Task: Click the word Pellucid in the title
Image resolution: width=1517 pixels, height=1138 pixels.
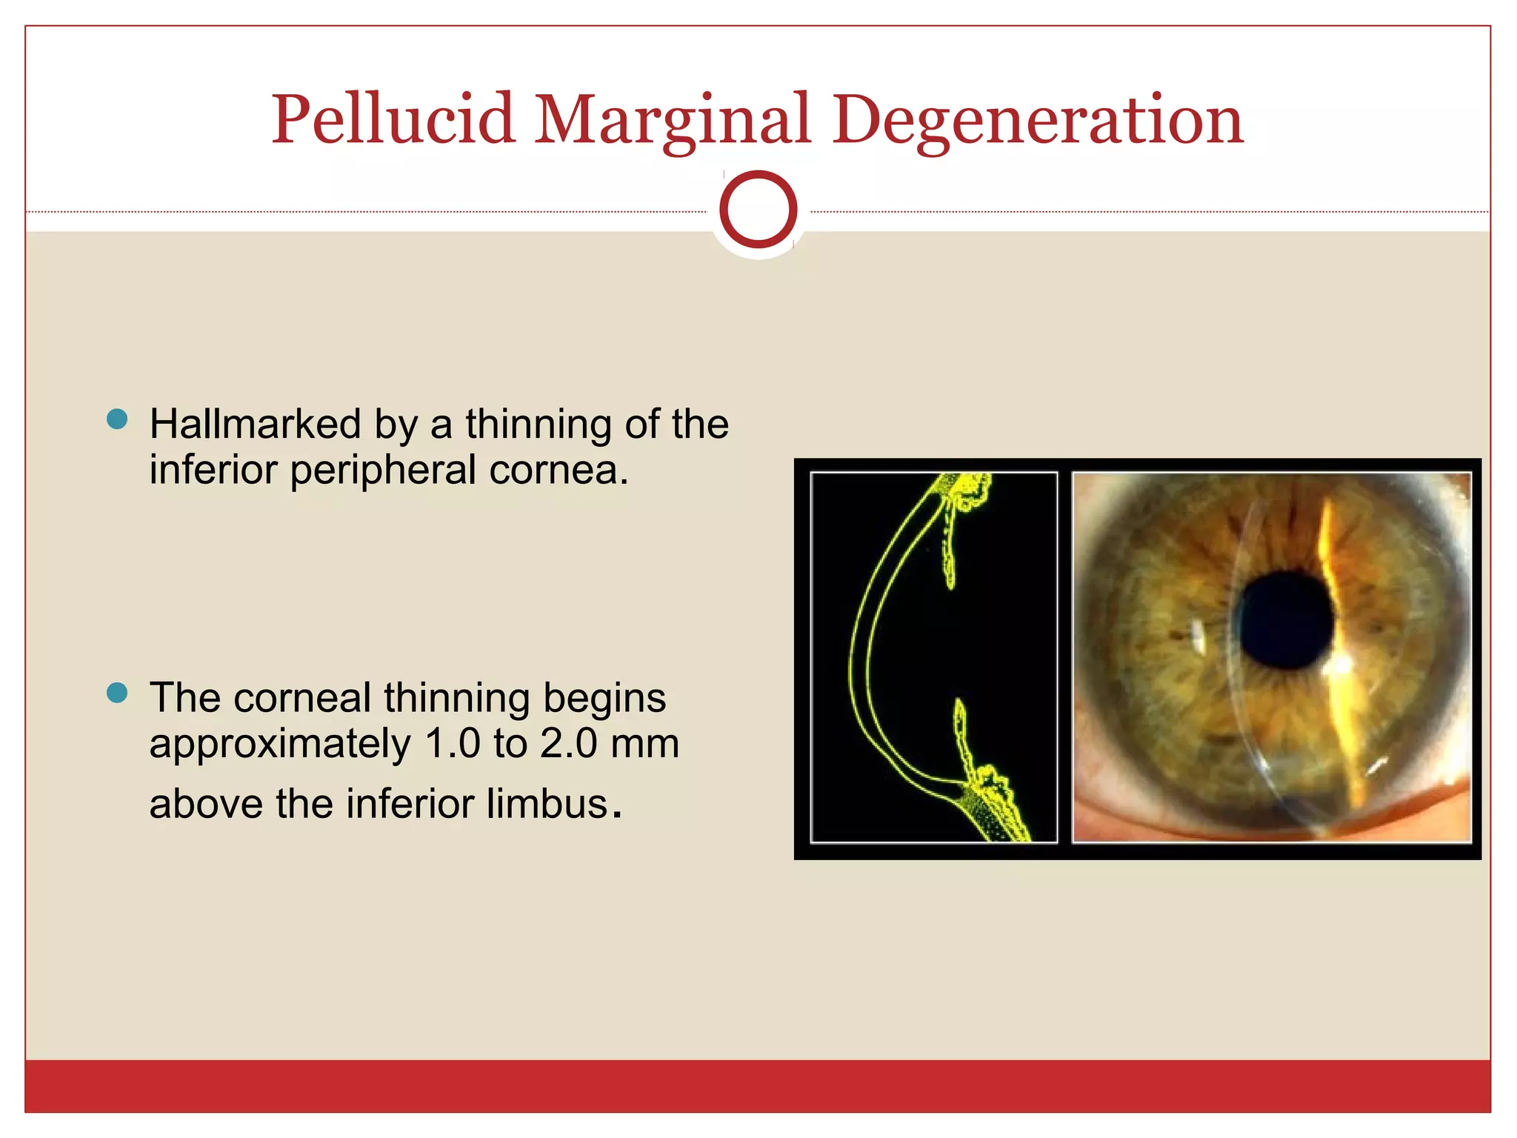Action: click(393, 120)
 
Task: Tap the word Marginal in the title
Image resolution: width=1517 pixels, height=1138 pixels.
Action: click(672, 120)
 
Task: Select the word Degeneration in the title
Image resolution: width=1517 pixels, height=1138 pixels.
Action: click(1037, 120)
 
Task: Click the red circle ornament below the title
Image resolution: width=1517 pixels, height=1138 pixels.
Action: click(758, 210)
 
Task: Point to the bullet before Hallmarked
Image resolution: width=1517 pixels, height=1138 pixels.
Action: click(117, 419)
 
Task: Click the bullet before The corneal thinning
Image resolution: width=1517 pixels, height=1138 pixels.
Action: click(117, 693)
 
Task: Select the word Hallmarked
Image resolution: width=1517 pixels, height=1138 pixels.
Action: click(256, 425)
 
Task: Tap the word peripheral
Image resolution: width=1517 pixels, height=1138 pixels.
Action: click(383, 470)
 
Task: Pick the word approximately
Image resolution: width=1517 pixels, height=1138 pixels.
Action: click(279, 745)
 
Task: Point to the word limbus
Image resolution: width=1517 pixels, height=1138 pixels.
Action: click(547, 804)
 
